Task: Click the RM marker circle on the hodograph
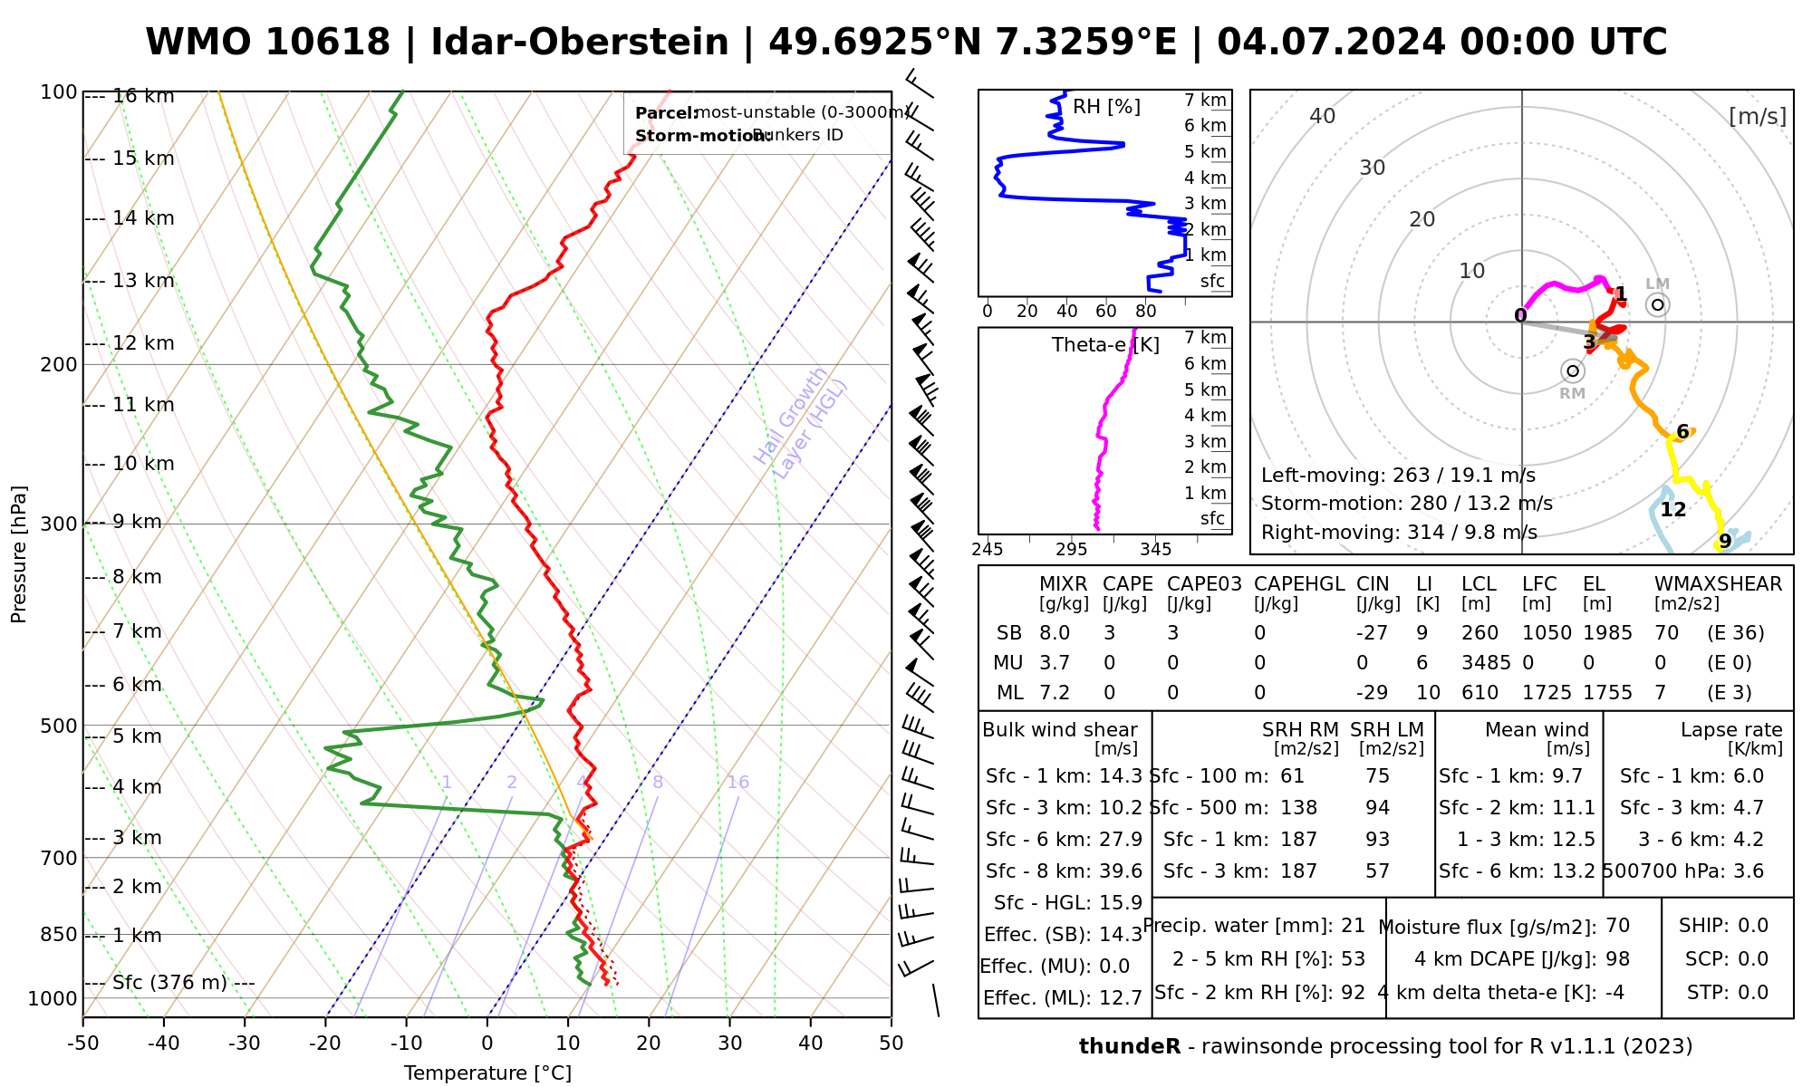tap(1573, 370)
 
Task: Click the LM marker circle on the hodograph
tap(1658, 304)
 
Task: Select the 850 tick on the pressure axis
tap(60, 935)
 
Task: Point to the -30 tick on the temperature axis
tap(245, 1044)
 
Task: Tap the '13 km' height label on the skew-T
tap(143, 281)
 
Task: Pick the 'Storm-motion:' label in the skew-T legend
tap(691, 136)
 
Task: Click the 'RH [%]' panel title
tap(1106, 107)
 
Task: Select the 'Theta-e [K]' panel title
tap(1105, 345)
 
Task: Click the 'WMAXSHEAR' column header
tap(1718, 584)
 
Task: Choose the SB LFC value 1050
tap(1547, 633)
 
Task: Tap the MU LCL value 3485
tap(1486, 663)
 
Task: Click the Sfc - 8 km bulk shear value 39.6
tap(1121, 871)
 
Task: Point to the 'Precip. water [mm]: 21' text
tap(1254, 926)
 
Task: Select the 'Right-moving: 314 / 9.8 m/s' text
tap(1399, 533)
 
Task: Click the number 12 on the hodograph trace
tap(1672, 510)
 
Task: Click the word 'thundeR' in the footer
tap(1129, 1047)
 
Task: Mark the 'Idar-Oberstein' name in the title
tap(580, 43)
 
